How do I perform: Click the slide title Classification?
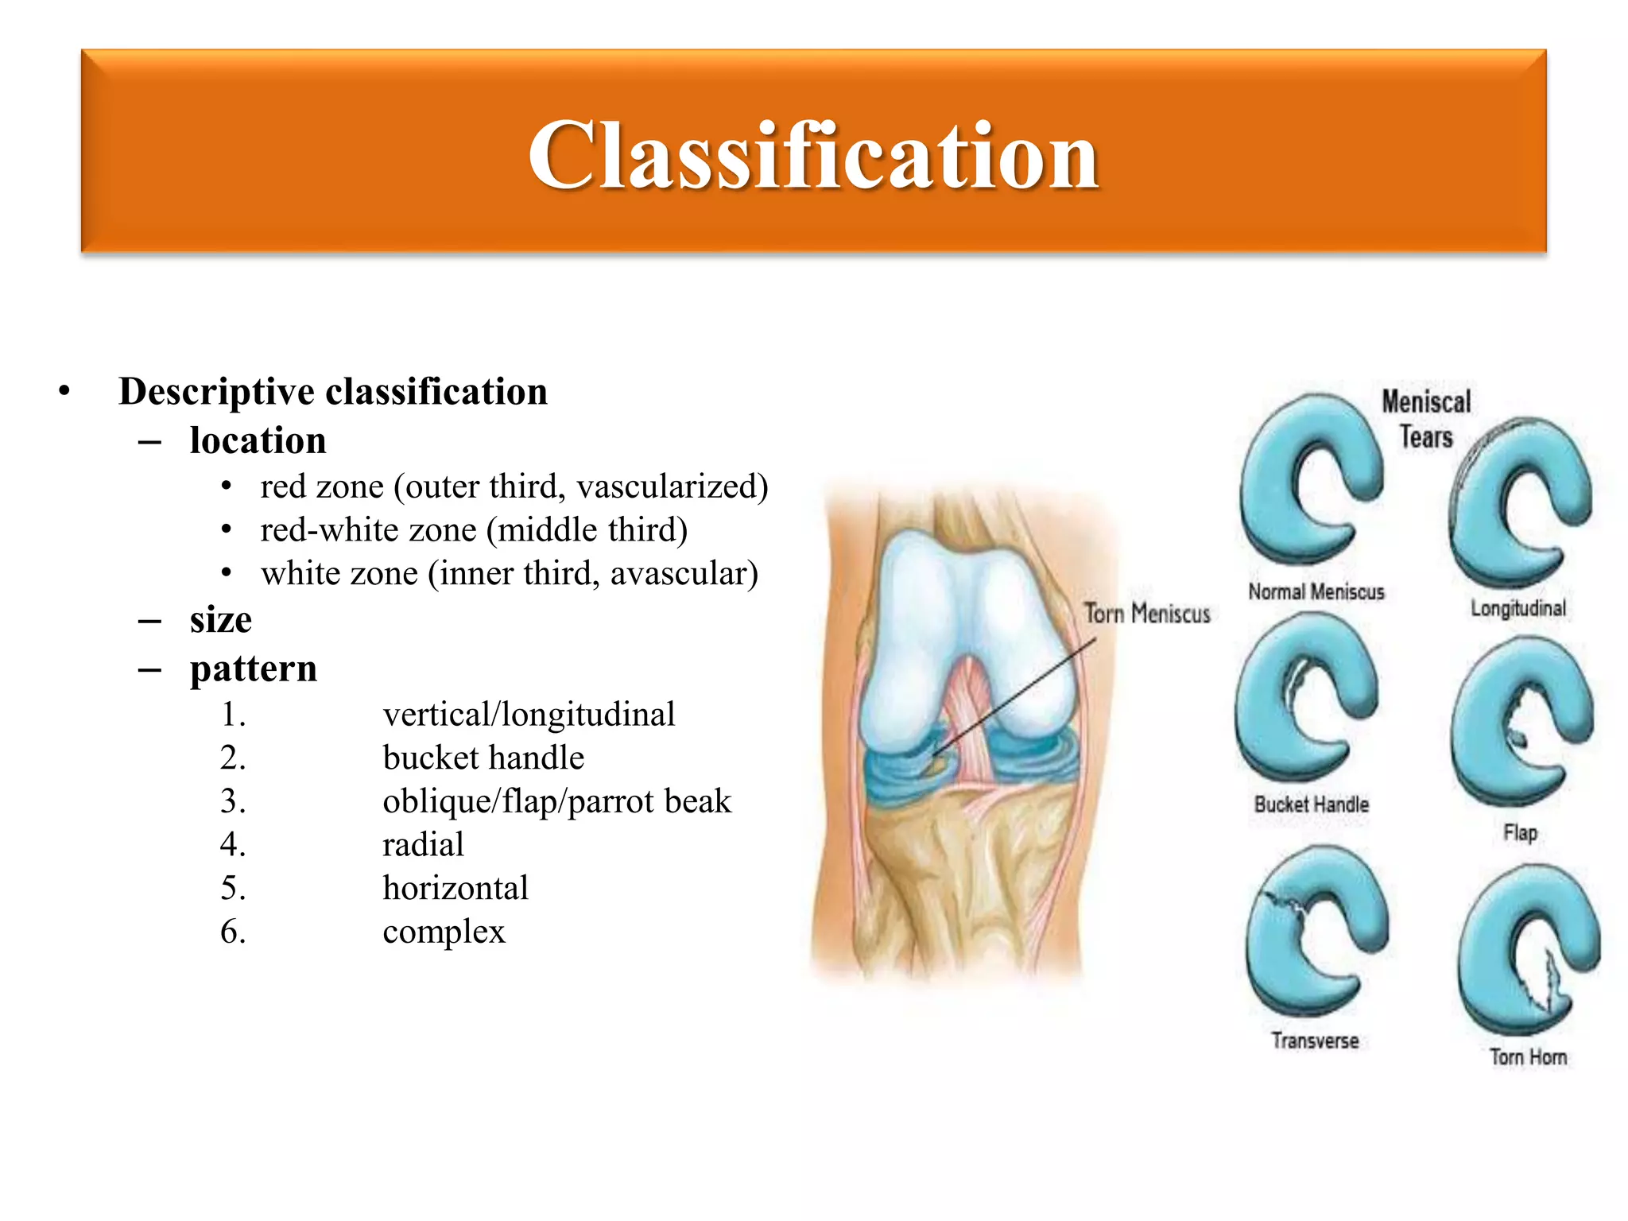813,155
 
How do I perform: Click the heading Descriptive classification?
332,391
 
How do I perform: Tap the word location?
258,440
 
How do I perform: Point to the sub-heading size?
220,620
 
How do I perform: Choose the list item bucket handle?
483,758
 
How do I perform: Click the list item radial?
423,844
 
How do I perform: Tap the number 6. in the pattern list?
233,931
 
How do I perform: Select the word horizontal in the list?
455,888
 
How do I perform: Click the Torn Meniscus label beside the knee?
1147,614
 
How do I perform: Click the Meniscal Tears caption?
1426,419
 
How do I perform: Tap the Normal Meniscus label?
1316,592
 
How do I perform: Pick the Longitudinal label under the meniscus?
1518,609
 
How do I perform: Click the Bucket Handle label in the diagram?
1311,804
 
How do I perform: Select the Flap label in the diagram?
1520,832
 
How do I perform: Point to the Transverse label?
1315,1041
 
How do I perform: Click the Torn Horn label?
1528,1057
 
